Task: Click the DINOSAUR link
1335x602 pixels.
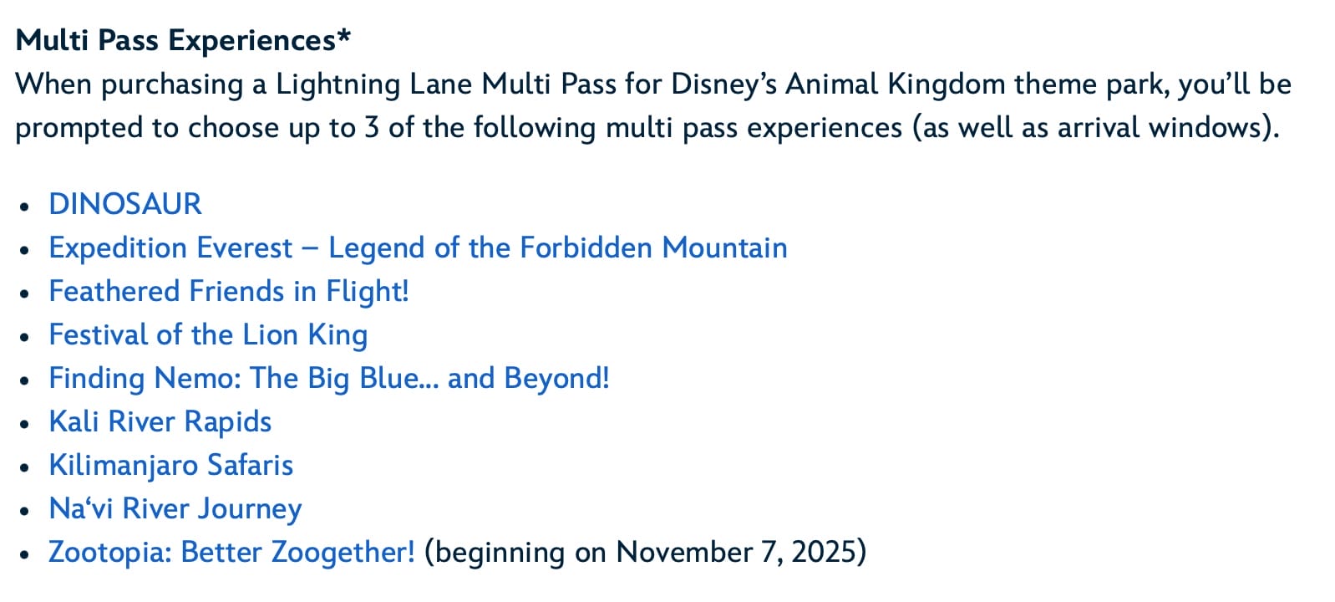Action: (125, 204)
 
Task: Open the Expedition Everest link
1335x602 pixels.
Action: (418, 247)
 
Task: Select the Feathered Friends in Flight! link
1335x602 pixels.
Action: (229, 292)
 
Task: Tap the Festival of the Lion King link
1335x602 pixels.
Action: (208, 334)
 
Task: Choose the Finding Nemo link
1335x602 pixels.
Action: (329, 378)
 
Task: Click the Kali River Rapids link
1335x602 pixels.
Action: (160, 421)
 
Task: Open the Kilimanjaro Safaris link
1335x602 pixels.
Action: (171, 466)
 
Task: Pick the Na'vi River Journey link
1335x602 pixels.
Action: (175, 509)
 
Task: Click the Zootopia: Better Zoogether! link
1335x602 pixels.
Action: (231, 552)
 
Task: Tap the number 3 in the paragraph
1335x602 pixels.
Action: (371, 128)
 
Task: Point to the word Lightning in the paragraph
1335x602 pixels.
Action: (338, 84)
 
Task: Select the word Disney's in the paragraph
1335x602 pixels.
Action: (724, 84)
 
